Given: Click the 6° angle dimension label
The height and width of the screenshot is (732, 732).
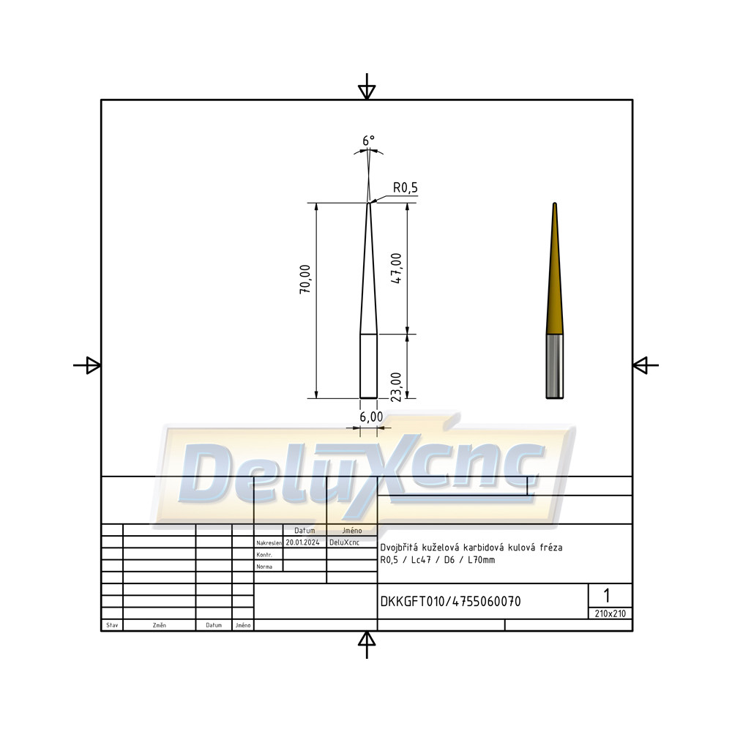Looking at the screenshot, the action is pyautogui.click(x=368, y=141).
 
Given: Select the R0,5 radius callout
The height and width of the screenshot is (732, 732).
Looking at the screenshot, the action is pyautogui.click(x=406, y=187).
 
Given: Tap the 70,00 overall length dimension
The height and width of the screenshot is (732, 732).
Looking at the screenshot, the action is pyautogui.click(x=305, y=279).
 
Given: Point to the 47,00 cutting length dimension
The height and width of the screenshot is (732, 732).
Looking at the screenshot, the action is pyautogui.click(x=396, y=269).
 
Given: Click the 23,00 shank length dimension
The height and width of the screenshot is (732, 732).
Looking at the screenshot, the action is pyautogui.click(x=396, y=387).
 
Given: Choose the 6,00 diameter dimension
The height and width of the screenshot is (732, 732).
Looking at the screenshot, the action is pyautogui.click(x=371, y=417).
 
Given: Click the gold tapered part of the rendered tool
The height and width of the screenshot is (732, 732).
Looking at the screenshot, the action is pyautogui.click(x=555, y=269).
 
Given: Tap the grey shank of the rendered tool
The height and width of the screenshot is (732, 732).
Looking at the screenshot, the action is pyautogui.click(x=555, y=367).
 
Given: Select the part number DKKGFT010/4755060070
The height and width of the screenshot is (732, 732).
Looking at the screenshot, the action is pyautogui.click(x=450, y=601).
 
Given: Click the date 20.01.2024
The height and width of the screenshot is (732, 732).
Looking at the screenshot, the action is pyautogui.click(x=302, y=542).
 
